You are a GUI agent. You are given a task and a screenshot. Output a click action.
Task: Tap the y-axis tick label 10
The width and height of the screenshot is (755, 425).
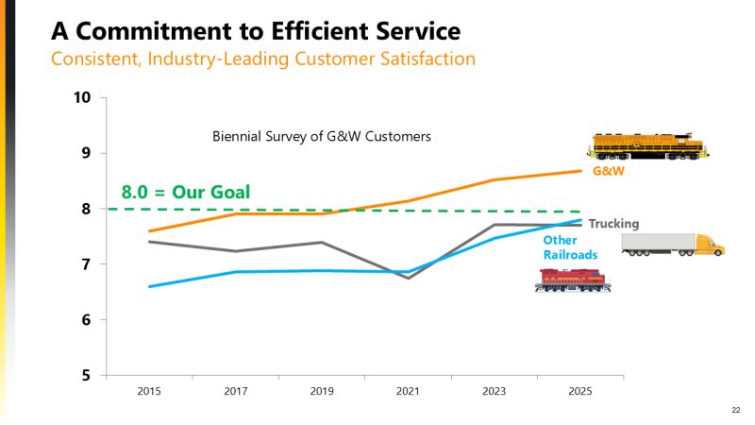click(x=83, y=97)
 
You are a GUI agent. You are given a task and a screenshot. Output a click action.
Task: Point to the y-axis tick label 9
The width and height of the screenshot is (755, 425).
click(x=86, y=153)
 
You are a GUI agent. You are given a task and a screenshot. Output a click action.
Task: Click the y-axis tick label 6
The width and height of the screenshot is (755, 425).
click(x=86, y=319)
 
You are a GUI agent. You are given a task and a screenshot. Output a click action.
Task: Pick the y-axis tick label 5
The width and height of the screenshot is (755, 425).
click(x=86, y=375)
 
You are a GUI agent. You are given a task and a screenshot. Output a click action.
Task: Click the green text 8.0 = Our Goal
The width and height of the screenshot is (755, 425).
click(x=186, y=193)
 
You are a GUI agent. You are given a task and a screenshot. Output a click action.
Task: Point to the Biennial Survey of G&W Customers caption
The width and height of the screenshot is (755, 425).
click(x=321, y=136)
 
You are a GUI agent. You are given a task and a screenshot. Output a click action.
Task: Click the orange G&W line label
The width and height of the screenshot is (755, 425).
click(x=609, y=172)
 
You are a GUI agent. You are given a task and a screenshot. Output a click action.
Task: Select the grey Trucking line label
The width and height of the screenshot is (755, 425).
click(x=614, y=224)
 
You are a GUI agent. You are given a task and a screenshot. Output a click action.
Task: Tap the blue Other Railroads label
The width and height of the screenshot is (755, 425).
click(x=566, y=247)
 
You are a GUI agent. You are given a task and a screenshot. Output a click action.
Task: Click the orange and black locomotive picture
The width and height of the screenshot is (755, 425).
click(x=646, y=146)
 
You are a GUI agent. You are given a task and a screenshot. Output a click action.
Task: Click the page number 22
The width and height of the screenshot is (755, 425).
click(x=736, y=410)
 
